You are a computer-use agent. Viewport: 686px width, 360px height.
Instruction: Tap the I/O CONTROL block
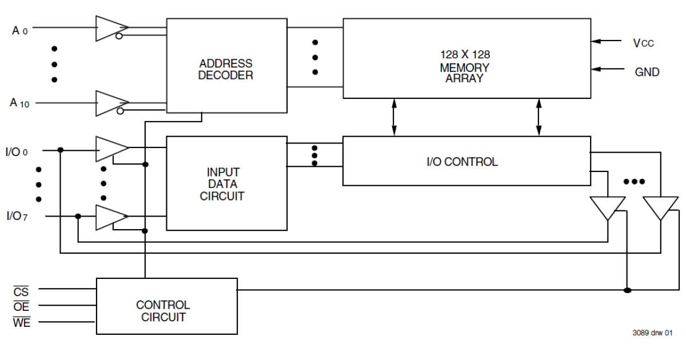pyautogui.click(x=466, y=161)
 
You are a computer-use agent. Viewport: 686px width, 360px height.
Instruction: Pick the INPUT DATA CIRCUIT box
pyautogui.click(x=226, y=183)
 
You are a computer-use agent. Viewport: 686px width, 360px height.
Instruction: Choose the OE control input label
pyautogui.click(x=21, y=307)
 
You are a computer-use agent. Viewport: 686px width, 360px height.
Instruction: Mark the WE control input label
pyautogui.click(x=21, y=322)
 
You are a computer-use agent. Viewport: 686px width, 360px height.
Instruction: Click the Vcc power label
pyautogui.click(x=643, y=43)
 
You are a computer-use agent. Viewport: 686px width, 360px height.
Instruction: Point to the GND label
pyautogui.click(x=647, y=72)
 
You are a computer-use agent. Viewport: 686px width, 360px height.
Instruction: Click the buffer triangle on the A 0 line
pyautogui.click(x=110, y=28)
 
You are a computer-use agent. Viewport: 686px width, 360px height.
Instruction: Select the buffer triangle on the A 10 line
pyautogui.click(x=110, y=103)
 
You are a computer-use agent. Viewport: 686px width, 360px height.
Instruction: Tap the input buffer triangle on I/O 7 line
pyautogui.click(x=110, y=217)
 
